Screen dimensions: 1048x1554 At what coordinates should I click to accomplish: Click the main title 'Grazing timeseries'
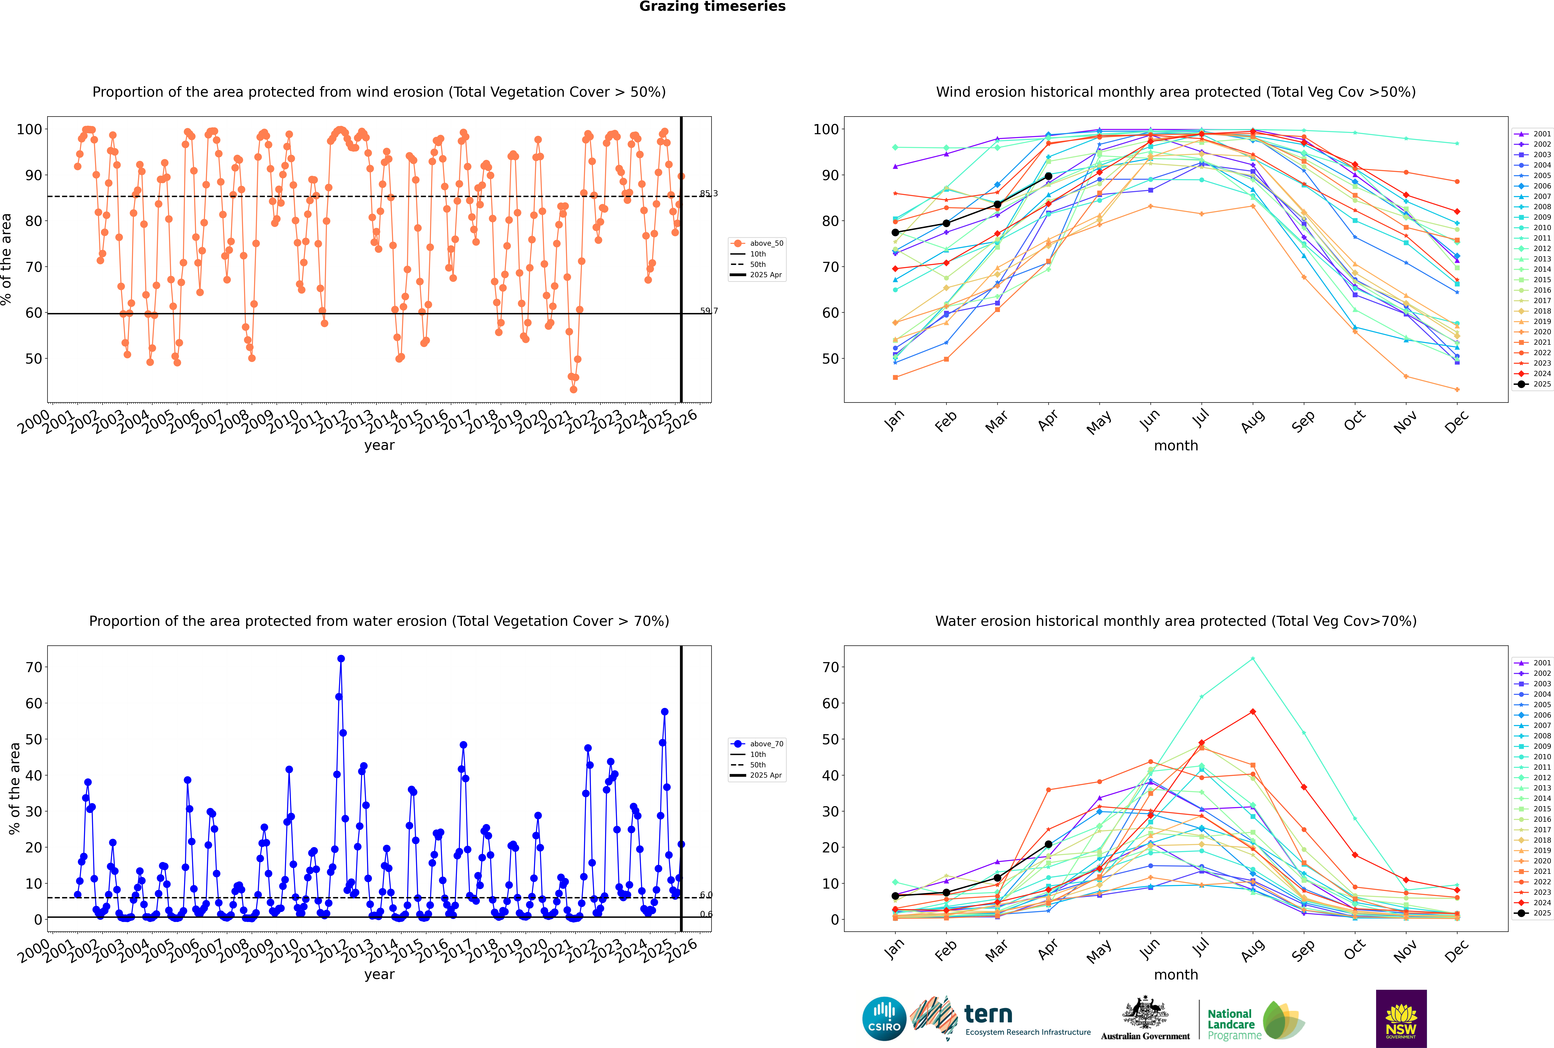click(x=712, y=7)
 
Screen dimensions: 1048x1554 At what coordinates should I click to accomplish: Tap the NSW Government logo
click(x=1401, y=1018)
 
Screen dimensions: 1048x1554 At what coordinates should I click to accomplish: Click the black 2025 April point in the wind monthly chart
click(x=1048, y=176)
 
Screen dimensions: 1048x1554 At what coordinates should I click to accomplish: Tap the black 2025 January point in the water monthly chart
click(x=895, y=896)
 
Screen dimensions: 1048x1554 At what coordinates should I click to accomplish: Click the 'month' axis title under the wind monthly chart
click(x=1176, y=446)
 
